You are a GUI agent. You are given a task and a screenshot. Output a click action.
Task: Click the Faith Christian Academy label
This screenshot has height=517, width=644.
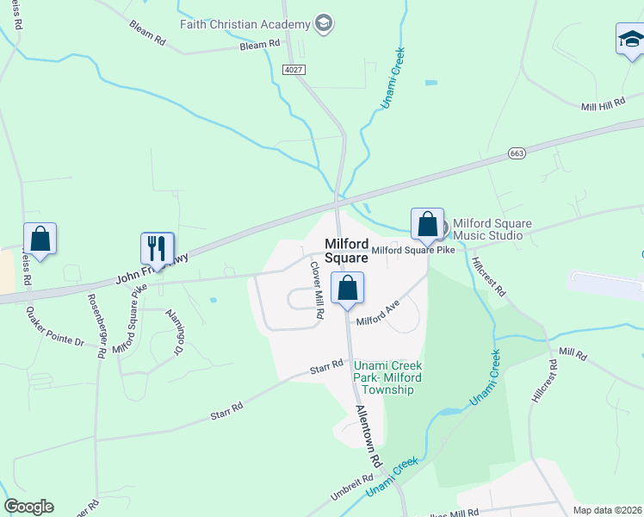pyautogui.click(x=245, y=24)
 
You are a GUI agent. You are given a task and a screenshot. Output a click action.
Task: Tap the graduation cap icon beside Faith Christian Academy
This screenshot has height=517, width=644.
pyautogui.click(x=324, y=23)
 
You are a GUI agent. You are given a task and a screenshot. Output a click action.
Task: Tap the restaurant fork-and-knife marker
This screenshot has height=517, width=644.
pyautogui.click(x=157, y=248)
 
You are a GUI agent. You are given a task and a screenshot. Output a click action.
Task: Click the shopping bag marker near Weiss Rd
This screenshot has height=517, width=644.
pyautogui.click(x=40, y=238)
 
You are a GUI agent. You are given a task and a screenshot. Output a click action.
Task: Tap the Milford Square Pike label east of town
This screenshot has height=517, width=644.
pyautogui.click(x=413, y=250)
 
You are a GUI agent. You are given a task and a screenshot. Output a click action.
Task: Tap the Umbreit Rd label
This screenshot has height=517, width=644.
pyautogui.click(x=352, y=487)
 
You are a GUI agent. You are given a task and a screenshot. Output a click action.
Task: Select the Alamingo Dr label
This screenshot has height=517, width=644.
pyautogui.click(x=175, y=332)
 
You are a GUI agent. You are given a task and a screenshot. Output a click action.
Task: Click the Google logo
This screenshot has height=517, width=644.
pyautogui.click(x=28, y=507)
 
